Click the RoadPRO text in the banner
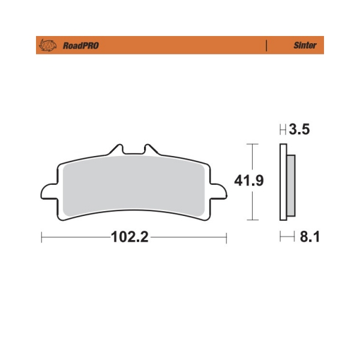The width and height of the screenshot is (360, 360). (81, 46)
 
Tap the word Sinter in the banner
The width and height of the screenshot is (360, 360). (305, 45)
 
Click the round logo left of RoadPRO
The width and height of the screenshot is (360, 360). (48, 45)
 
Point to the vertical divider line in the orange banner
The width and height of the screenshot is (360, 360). (266, 45)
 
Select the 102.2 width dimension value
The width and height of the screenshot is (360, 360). (130, 237)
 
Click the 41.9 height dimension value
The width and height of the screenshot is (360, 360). (249, 181)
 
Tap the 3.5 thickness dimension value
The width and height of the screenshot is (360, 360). (299, 129)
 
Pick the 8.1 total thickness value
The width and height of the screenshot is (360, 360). (310, 236)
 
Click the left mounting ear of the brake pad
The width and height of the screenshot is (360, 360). (49, 191)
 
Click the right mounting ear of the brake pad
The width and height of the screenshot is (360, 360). (219, 191)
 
